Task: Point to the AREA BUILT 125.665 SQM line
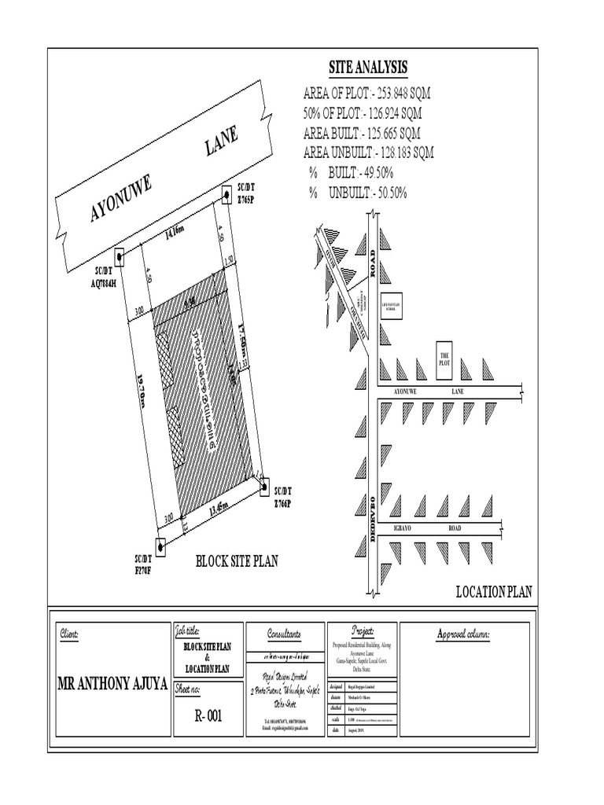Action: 361,133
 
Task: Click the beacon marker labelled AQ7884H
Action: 120,257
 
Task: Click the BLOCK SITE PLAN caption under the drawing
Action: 237,561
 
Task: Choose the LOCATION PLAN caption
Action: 494,592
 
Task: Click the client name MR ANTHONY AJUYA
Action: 112,683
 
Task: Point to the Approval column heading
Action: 464,634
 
